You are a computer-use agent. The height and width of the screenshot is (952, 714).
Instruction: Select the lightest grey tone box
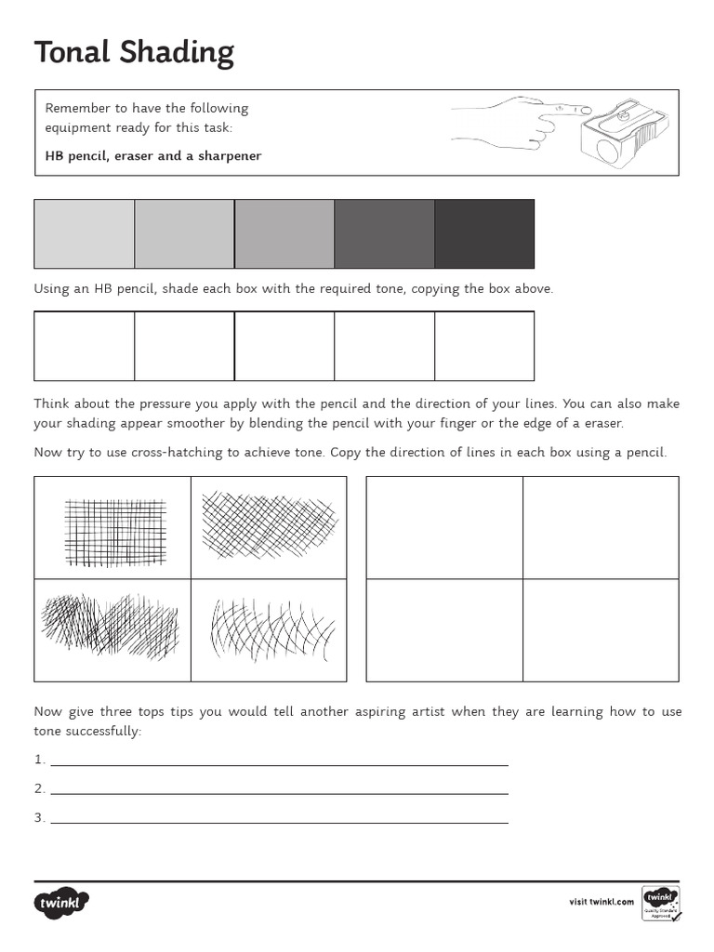[85, 233]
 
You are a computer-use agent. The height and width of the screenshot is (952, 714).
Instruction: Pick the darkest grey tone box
[484, 233]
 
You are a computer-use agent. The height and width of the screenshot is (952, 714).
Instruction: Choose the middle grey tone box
[284, 233]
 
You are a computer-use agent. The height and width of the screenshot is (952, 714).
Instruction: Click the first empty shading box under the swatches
[85, 346]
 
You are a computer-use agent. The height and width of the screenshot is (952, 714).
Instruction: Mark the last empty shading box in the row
[484, 346]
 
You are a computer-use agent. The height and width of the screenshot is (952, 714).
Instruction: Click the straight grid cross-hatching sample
[114, 531]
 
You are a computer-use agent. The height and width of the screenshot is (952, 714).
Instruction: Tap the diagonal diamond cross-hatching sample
[269, 525]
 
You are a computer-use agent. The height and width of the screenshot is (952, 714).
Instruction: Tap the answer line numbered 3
[279, 820]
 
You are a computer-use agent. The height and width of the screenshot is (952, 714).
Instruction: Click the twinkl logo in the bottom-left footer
[62, 902]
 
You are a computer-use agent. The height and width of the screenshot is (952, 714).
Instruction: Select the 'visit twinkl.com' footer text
[601, 902]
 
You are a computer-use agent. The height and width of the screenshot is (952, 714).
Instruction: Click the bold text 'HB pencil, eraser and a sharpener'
[153, 156]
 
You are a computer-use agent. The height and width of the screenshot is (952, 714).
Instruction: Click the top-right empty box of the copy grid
[601, 527]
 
